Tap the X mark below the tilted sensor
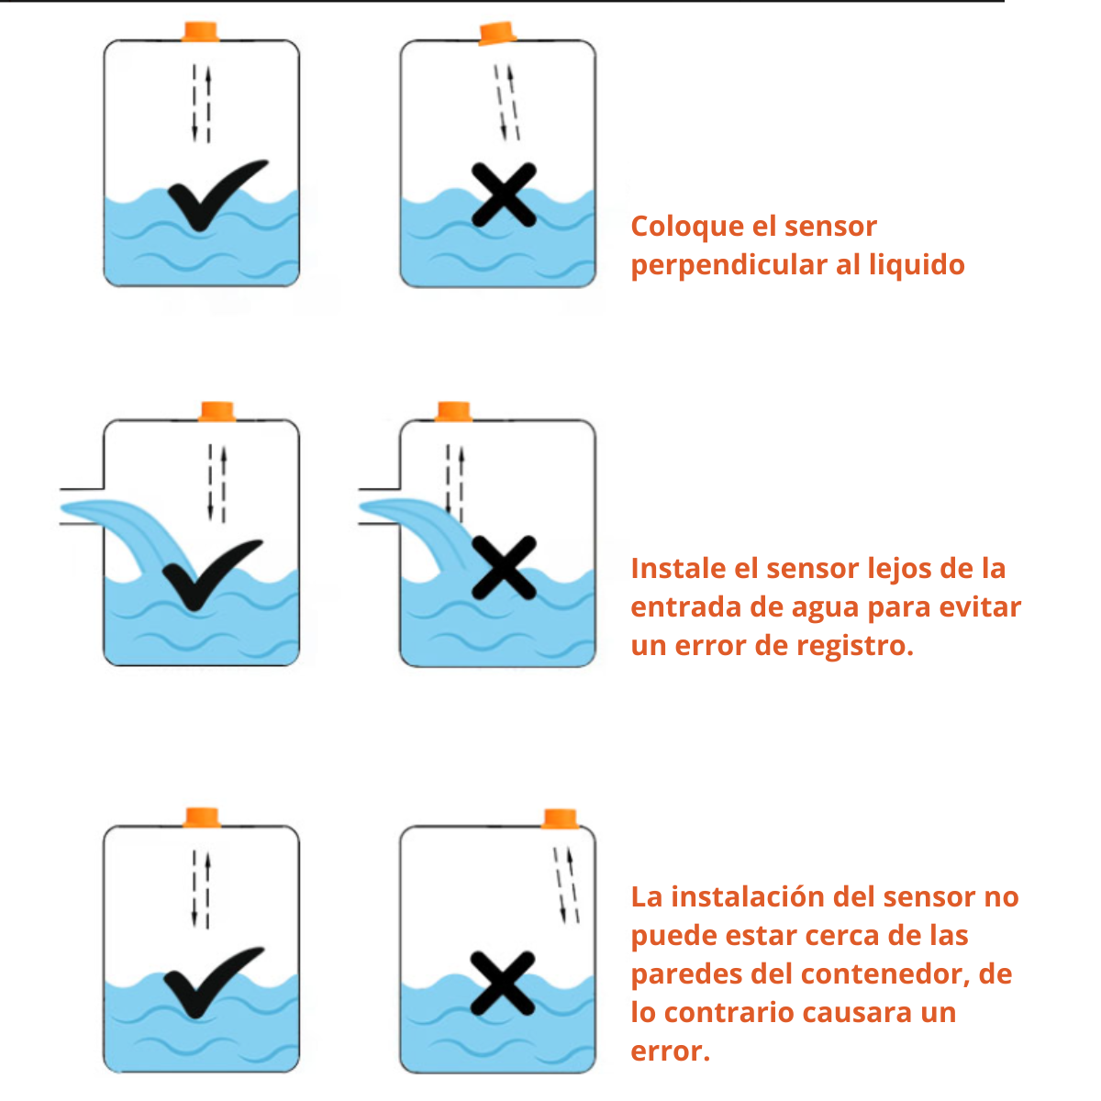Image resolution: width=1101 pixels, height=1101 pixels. pos(504,195)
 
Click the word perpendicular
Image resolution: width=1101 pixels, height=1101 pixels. pos(728,265)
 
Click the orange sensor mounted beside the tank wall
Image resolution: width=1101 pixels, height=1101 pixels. pos(560,818)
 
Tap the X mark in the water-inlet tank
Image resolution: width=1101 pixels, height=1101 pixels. pos(504,568)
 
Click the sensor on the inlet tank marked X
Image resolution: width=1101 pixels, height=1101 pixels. pos(452,411)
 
